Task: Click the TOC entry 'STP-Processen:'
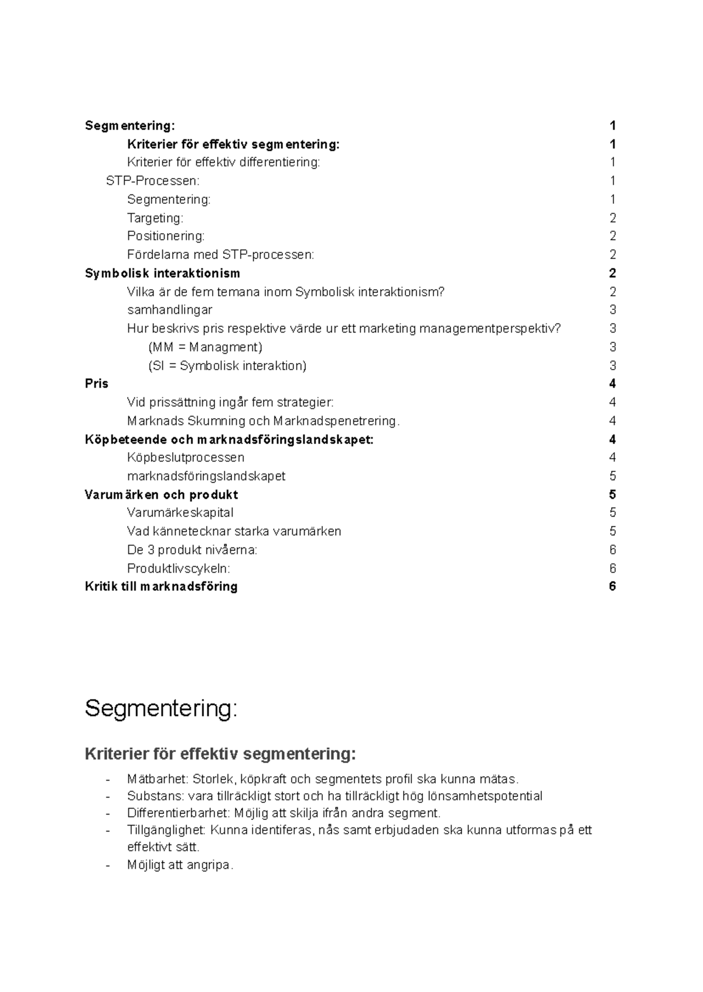point(152,181)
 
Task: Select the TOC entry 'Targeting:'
point(155,218)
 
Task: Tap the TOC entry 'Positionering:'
point(166,236)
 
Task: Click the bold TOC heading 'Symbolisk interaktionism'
point(162,273)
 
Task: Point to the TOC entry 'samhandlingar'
point(169,310)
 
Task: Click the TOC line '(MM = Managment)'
point(205,347)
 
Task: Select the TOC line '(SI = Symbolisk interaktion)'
point(227,366)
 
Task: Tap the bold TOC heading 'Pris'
point(97,384)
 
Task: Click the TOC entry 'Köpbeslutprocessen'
point(185,457)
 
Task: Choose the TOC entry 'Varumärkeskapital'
point(180,512)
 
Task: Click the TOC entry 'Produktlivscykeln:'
point(178,568)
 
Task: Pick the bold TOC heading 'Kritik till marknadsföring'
point(161,586)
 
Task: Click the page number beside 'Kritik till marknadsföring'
point(612,586)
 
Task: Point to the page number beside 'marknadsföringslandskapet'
point(612,476)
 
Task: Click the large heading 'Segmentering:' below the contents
point(161,709)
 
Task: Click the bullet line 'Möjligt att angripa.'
point(180,864)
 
